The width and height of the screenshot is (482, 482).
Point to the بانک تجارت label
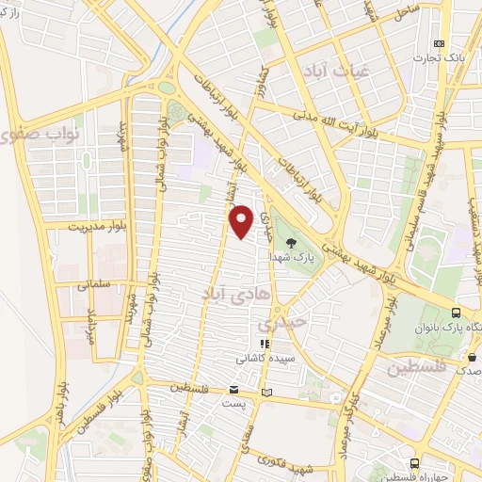pyautogui.click(x=438, y=57)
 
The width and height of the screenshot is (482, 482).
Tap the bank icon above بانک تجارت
pyautogui.click(x=438, y=43)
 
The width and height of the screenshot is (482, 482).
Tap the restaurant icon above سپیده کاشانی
pyautogui.click(x=264, y=345)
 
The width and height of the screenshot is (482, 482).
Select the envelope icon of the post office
pyautogui.click(x=233, y=390)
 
